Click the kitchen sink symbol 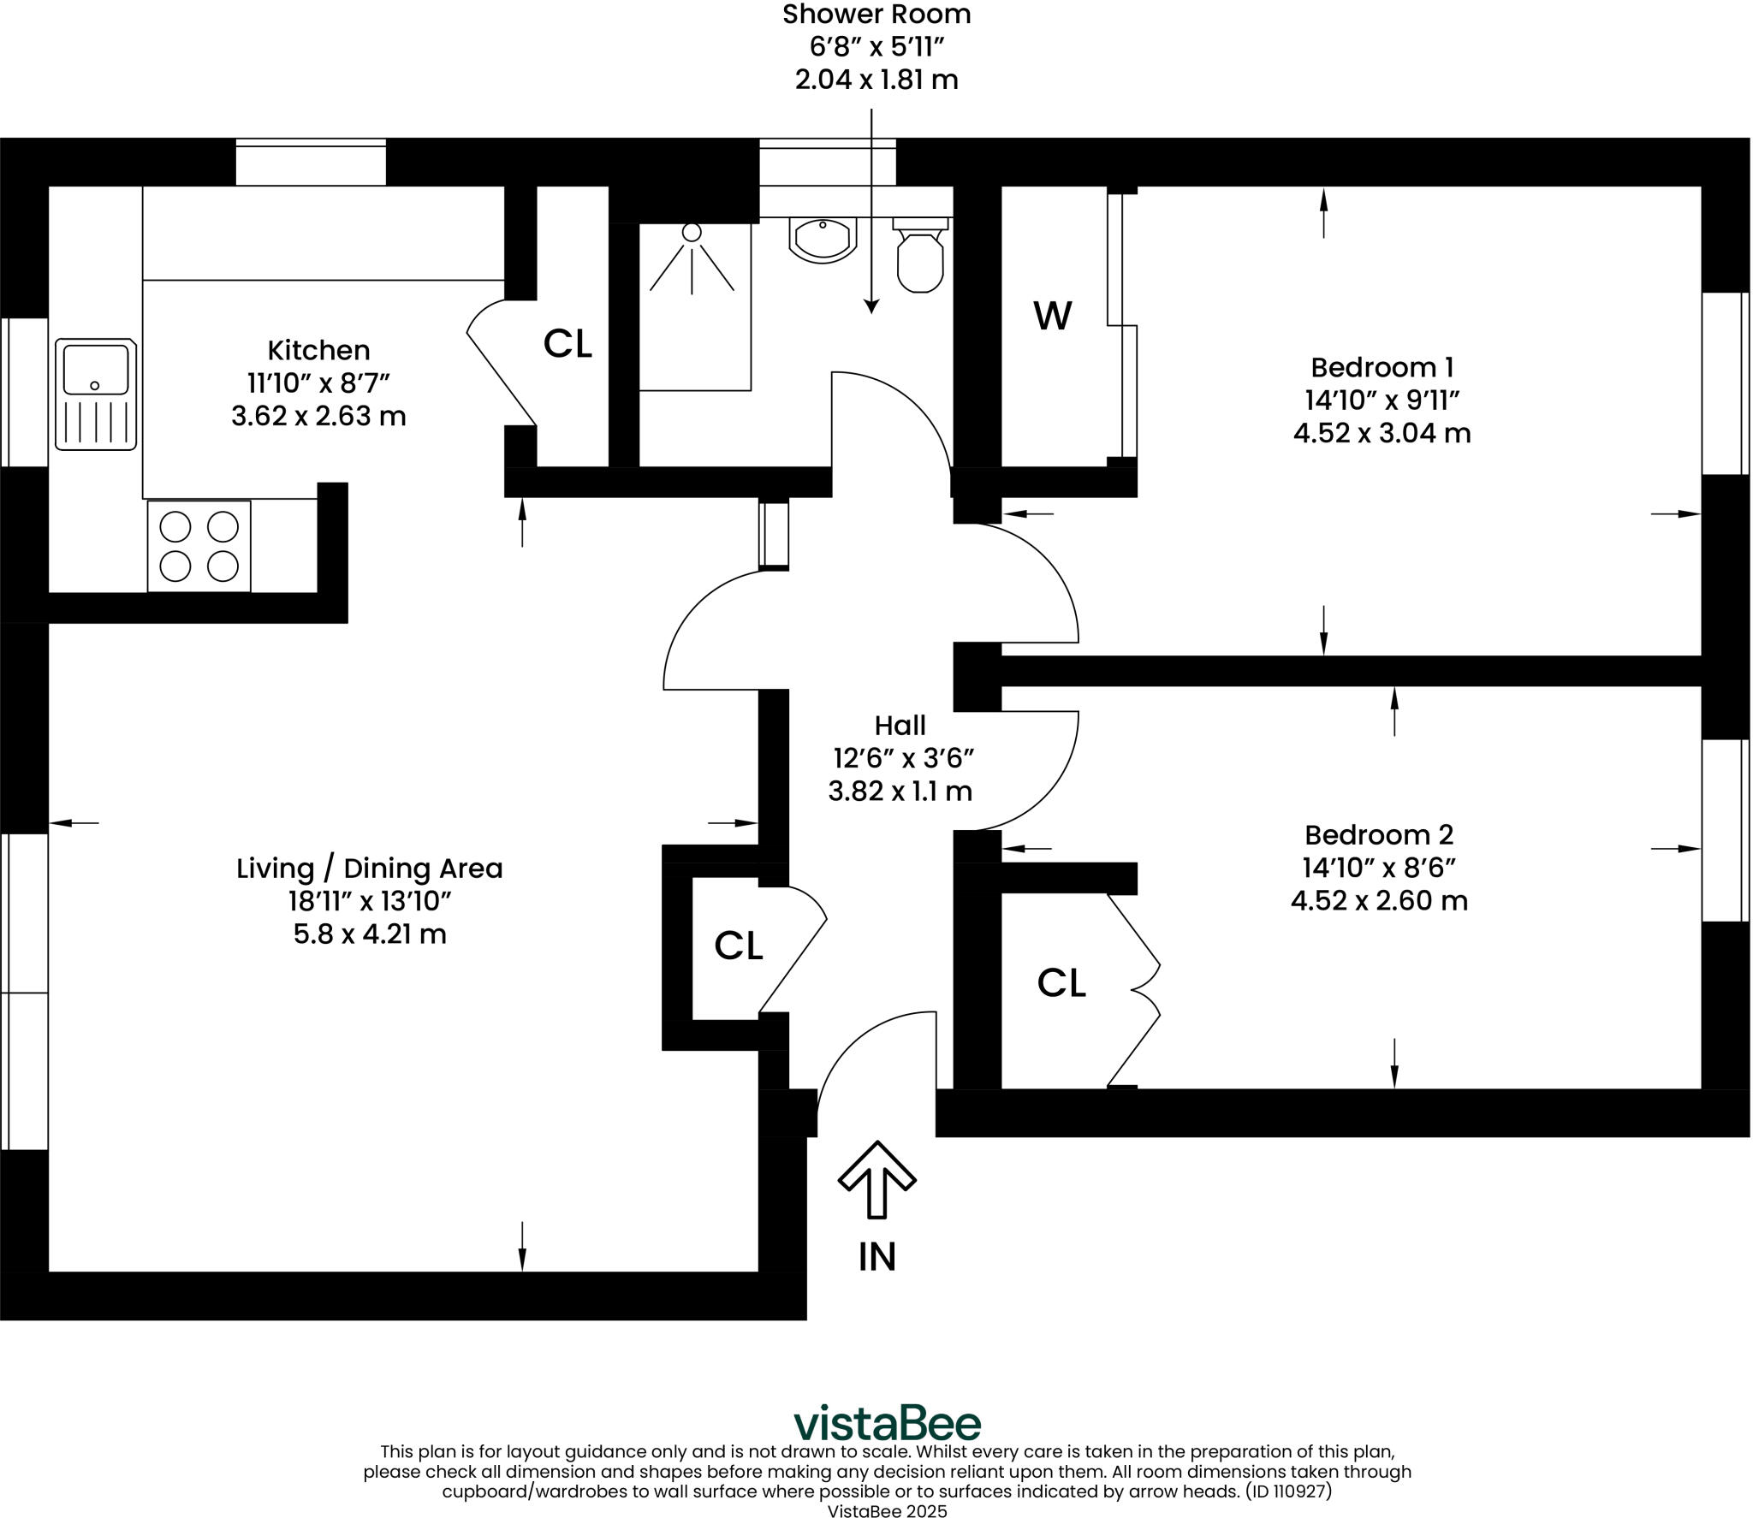pos(96,394)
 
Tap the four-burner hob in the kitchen pos(199,546)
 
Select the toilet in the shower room pos(920,257)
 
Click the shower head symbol pos(692,233)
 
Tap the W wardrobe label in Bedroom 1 pos(1052,317)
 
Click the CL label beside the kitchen pos(567,344)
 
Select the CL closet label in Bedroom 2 pos(1061,984)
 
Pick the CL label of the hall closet pos(738,946)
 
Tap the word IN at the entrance pos(876,1257)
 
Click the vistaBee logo pos(887,1424)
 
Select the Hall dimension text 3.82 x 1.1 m pos(900,792)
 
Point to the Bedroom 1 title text pos(1382,368)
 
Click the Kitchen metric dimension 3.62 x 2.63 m pos(318,417)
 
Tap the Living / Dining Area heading pos(369,869)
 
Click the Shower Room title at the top pos(876,15)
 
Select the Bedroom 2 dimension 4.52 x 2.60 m pos(1379,901)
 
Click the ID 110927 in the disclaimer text pos(1288,1491)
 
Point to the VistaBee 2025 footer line pos(887,1510)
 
